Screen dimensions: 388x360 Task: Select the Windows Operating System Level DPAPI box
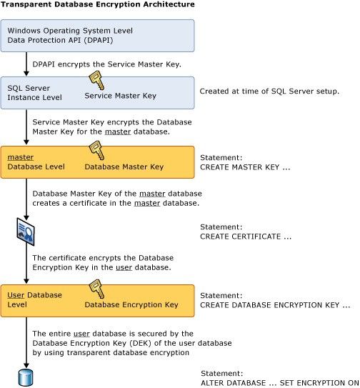pos(96,36)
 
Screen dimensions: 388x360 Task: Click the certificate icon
pos(25,232)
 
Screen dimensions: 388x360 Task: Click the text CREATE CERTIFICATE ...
pos(246,236)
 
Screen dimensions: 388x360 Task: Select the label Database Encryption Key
pos(131,305)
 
